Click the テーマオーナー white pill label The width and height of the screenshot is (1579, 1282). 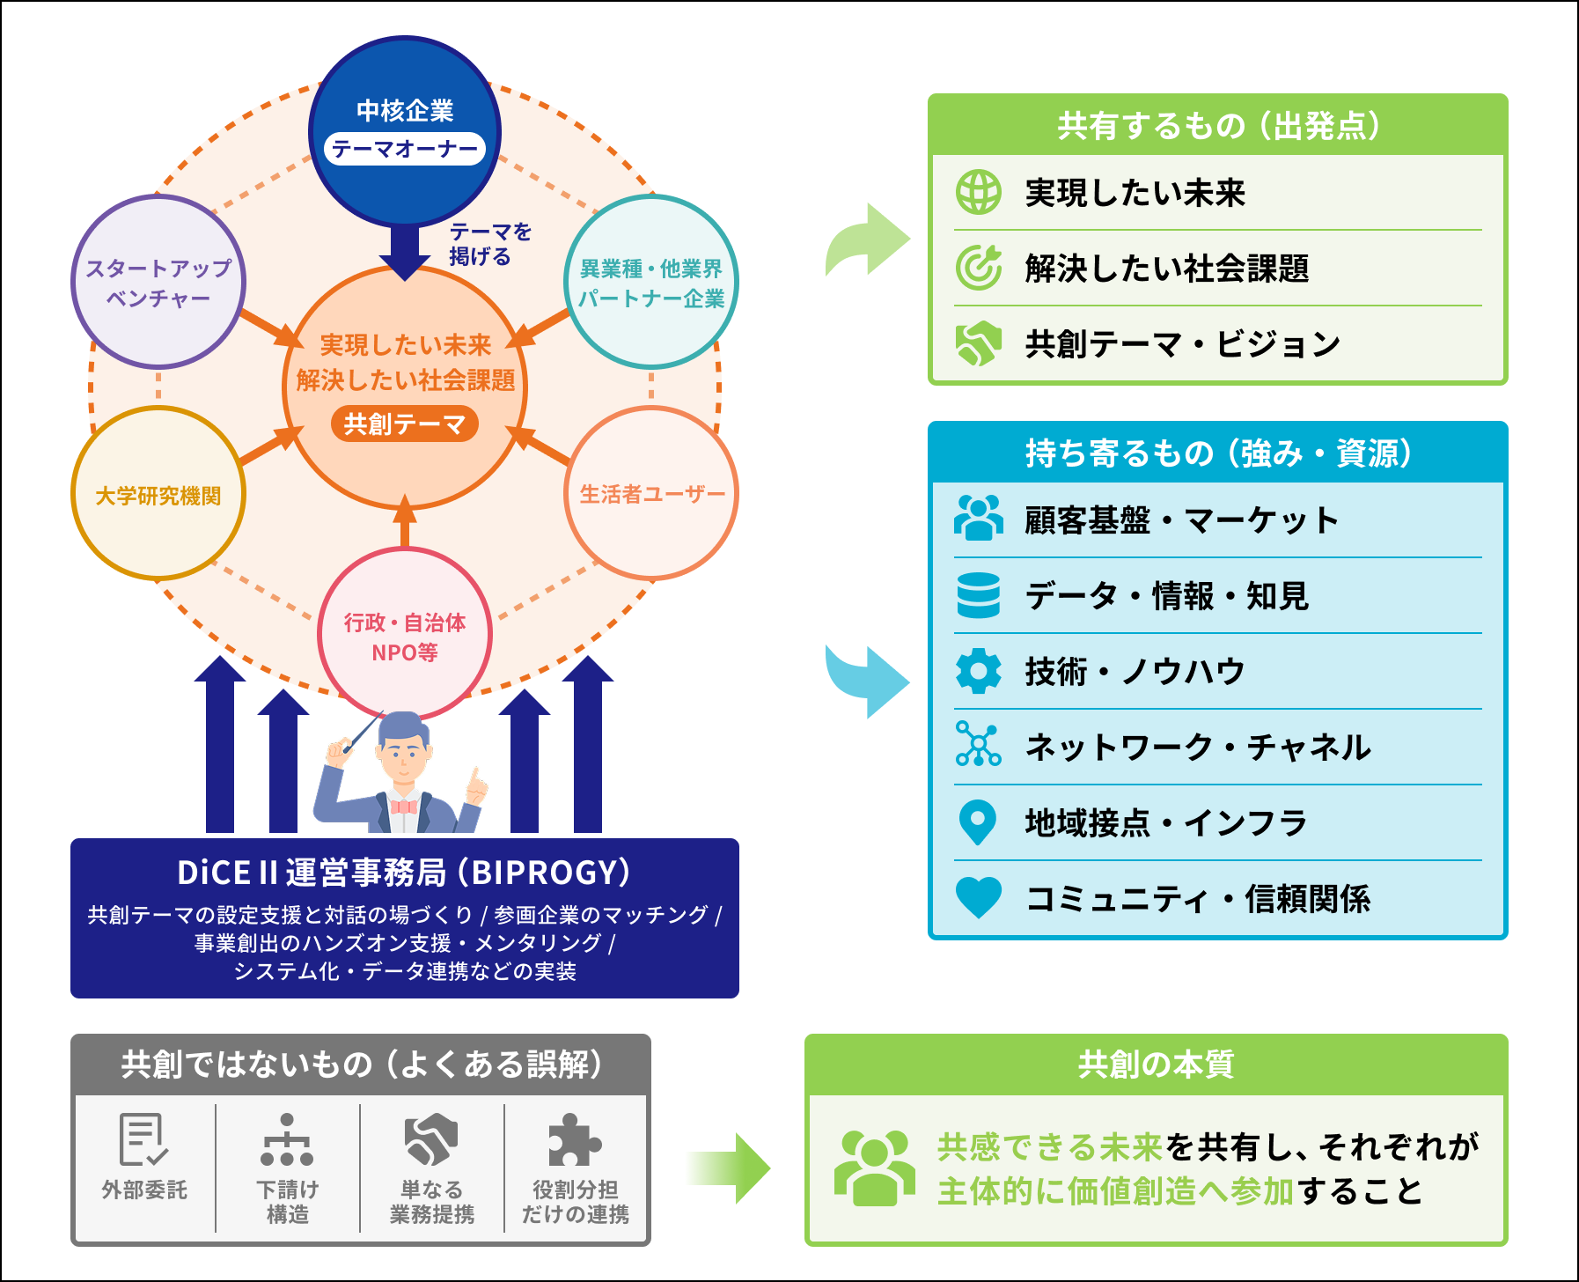(x=405, y=149)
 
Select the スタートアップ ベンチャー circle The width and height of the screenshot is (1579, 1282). (x=158, y=282)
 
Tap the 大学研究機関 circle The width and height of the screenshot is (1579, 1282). (x=158, y=493)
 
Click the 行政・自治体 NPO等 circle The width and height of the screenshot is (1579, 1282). (x=405, y=634)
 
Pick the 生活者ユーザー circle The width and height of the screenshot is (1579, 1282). (x=651, y=493)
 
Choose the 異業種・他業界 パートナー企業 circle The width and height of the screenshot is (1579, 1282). (x=651, y=282)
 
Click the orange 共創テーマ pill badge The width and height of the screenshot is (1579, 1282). (x=405, y=424)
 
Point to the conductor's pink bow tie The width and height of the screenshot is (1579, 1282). (x=404, y=807)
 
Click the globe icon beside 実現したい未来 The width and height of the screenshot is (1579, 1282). (x=979, y=192)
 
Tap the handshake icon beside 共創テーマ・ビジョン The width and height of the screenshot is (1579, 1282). (x=979, y=343)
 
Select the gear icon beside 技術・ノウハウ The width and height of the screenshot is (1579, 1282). (x=979, y=672)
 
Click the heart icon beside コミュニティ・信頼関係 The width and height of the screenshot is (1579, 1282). (x=979, y=898)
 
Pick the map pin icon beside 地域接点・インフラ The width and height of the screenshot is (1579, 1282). (x=978, y=823)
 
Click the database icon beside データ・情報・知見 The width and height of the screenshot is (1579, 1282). (x=979, y=596)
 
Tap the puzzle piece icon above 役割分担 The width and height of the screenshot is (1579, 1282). (x=575, y=1140)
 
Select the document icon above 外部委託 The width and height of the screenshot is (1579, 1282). (x=143, y=1140)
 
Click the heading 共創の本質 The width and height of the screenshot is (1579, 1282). (x=1157, y=1065)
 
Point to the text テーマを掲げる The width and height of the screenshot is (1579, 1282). (x=490, y=244)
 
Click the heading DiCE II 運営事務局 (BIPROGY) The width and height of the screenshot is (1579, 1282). (x=405, y=873)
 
